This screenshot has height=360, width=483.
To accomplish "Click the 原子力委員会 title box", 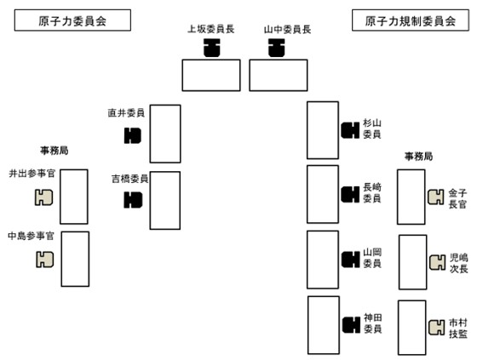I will point(72,21).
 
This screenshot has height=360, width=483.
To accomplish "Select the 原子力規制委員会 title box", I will point(411,21).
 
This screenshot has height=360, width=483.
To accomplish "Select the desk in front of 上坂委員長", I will point(210,75).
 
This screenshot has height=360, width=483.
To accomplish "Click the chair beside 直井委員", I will point(132,134).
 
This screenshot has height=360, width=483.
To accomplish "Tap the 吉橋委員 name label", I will point(129,179).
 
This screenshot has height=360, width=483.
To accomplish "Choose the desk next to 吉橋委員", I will point(165,200).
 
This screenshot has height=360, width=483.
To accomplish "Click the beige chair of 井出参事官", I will point(43,197).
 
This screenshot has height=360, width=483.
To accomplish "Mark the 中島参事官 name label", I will point(31,235).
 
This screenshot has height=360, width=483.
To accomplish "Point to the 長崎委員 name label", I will point(371,193).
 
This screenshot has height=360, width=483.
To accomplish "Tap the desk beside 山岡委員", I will point(323,259).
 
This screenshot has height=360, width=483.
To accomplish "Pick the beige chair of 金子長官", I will point(435,197).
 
